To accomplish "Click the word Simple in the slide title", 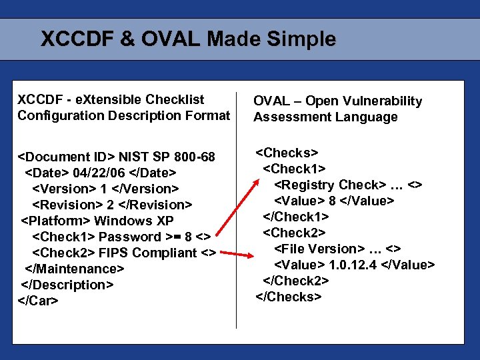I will [303, 39].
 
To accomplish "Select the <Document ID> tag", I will [66, 157].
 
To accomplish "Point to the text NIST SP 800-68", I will [167, 157].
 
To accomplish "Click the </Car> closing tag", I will [38, 301].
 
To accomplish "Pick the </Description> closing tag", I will [67, 285].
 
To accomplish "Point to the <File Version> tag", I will [317, 249].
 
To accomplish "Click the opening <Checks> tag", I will [287, 153].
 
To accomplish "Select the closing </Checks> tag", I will [289, 297].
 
